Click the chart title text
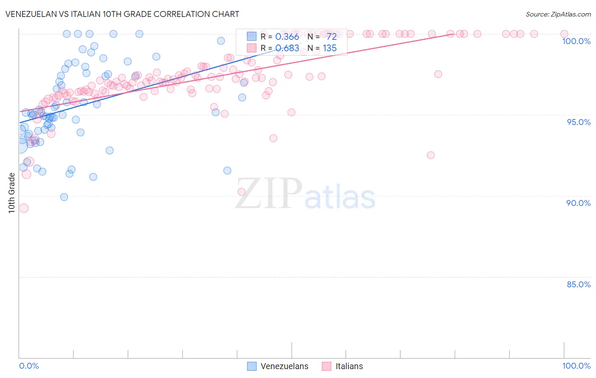122,14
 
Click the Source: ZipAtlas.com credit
558,14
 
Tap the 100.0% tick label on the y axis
576,41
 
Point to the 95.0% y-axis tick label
579,122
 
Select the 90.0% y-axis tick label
578,203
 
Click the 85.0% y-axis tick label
579,284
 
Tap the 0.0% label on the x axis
29,366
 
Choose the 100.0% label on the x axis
576,366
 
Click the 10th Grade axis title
11,193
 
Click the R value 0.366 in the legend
287,36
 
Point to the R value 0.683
287,48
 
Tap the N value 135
329,48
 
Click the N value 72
331,36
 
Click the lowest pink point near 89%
24,208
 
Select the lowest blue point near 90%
64,197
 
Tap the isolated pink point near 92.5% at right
431,155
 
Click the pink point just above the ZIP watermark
242,192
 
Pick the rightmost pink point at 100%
564,34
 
